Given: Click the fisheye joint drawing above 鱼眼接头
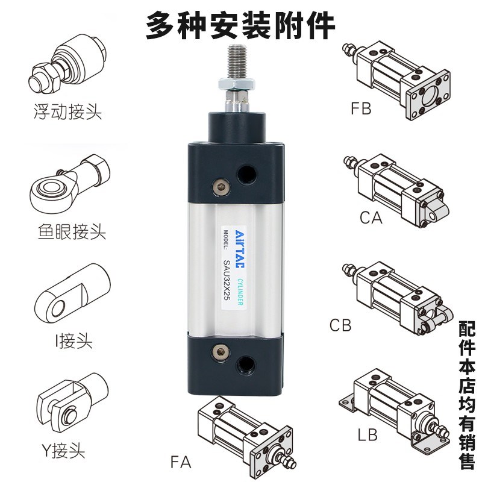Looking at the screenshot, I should tap(67, 184).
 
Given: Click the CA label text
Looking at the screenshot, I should tap(371, 218).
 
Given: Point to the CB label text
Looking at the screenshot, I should tap(340, 326).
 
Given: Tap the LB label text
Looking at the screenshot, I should tap(368, 434).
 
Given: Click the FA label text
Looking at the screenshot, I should tap(180, 463).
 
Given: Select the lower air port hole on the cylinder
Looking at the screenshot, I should tap(246, 363).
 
